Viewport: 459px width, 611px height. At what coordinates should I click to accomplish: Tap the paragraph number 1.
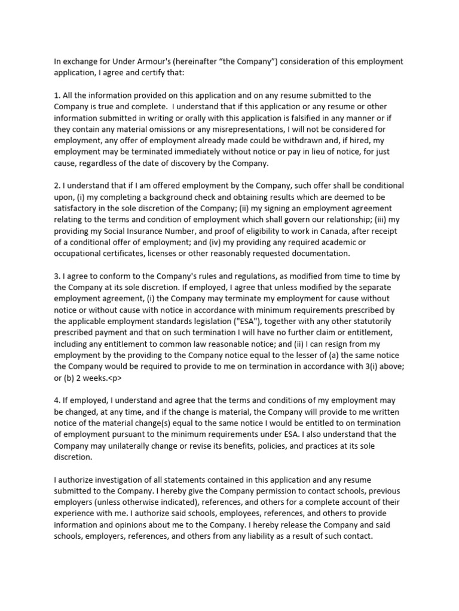point(56,95)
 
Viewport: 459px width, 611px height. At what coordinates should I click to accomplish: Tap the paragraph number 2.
point(56,186)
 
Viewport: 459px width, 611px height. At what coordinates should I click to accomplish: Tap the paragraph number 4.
point(56,400)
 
